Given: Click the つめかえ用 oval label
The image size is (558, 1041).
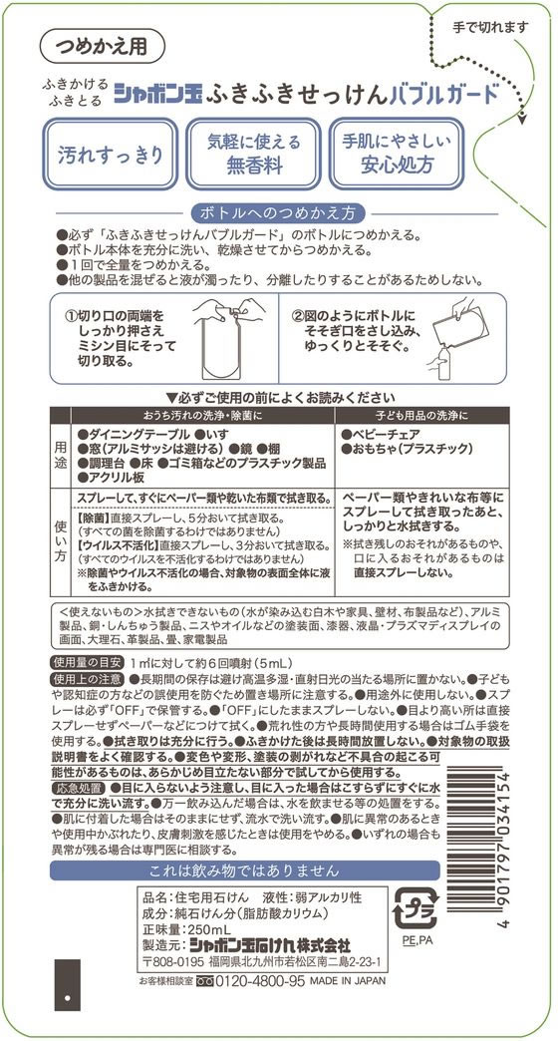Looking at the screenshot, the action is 103,46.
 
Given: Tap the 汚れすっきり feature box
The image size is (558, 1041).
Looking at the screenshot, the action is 111,155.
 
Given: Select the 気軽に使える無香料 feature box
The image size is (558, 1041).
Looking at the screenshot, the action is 253,154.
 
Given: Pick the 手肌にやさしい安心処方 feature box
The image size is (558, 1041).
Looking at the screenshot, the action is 397,154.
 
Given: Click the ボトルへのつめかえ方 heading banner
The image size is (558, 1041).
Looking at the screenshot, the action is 278,213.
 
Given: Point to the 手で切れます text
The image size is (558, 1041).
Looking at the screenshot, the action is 491,27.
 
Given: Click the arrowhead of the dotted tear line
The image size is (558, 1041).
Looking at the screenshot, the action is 521,118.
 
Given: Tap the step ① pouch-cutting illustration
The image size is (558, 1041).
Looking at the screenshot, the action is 223,340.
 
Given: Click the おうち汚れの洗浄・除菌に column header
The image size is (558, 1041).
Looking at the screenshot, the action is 202,415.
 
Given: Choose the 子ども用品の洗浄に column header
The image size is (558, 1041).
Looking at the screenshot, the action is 423,415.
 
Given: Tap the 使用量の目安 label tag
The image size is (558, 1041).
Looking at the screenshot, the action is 87,662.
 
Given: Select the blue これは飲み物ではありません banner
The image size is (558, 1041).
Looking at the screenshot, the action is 245,869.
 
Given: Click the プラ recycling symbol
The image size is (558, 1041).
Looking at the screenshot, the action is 417,907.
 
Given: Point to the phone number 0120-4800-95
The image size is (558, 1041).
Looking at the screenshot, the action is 257,981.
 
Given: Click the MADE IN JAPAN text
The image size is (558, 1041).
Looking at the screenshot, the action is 347,981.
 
